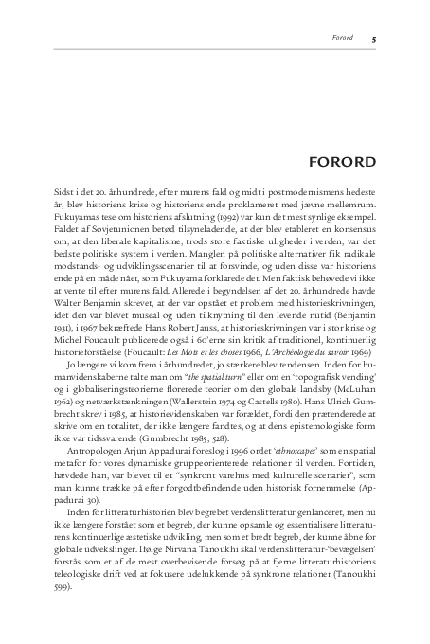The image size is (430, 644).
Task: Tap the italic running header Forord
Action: [342, 39]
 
